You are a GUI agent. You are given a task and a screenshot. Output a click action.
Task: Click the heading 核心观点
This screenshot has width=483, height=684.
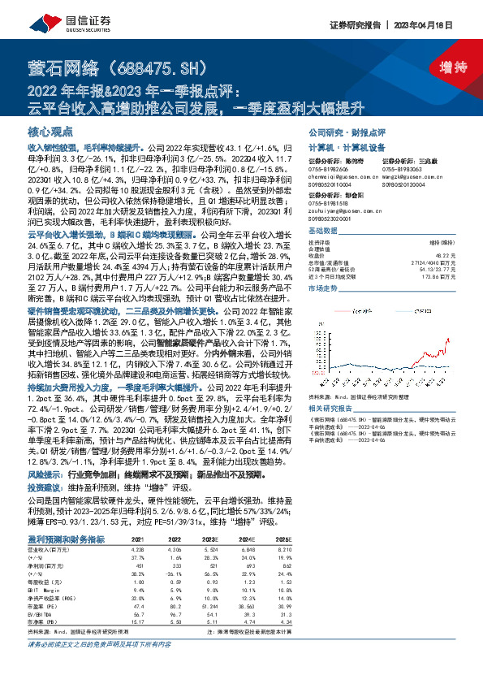pos(51,131)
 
